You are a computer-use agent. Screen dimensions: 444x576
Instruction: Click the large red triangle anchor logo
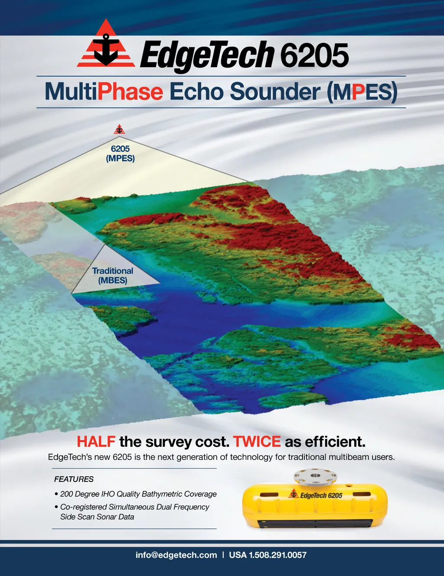(x=106, y=44)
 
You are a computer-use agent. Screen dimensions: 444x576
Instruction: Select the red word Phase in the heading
(x=130, y=91)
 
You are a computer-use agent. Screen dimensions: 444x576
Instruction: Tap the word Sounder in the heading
(x=275, y=91)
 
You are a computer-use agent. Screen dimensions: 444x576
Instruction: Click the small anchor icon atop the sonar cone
(x=119, y=129)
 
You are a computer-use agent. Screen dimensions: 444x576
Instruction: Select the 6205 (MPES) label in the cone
(x=121, y=153)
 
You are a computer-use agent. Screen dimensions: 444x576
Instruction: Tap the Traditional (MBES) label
(x=113, y=276)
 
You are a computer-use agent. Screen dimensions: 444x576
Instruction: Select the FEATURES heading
(x=74, y=479)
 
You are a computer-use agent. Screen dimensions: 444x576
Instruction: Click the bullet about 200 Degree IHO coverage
(x=135, y=494)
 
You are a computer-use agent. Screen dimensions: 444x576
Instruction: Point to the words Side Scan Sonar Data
(x=97, y=517)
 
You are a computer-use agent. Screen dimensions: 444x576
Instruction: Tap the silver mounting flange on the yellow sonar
(x=315, y=477)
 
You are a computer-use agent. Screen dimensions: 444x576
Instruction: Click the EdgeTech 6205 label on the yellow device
(x=316, y=495)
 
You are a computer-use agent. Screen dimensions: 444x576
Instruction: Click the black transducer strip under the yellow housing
(x=315, y=523)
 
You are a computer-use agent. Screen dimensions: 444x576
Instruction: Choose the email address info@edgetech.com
(x=176, y=555)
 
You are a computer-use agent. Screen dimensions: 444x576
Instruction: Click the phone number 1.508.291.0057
(x=277, y=555)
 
